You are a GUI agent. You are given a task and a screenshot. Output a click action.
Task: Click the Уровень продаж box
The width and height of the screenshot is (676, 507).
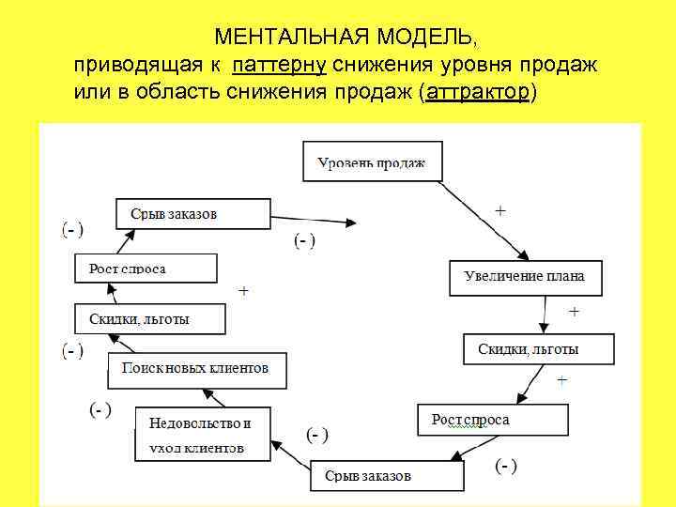tap(372, 162)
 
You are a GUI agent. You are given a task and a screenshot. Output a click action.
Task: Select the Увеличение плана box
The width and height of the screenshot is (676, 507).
tap(524, 277)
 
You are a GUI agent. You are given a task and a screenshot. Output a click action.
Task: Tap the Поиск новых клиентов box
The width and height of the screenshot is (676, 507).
tap(197, 369)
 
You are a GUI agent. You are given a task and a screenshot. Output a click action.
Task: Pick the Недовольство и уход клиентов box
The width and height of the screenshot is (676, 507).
tap(201, 433)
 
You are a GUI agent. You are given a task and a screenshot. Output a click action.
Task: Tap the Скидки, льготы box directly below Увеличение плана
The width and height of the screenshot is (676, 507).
tap(539, 349)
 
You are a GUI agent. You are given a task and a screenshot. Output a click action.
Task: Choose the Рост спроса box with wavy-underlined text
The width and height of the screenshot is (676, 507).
tap(493, 420)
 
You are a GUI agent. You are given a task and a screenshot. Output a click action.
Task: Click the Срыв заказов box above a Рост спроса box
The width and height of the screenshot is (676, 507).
tap(192, 214)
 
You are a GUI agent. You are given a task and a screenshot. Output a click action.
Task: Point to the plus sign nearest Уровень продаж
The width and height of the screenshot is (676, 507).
tap(500, 211)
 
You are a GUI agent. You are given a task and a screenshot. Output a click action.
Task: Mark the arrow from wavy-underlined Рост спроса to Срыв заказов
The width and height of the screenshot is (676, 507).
tap(457, 448)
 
